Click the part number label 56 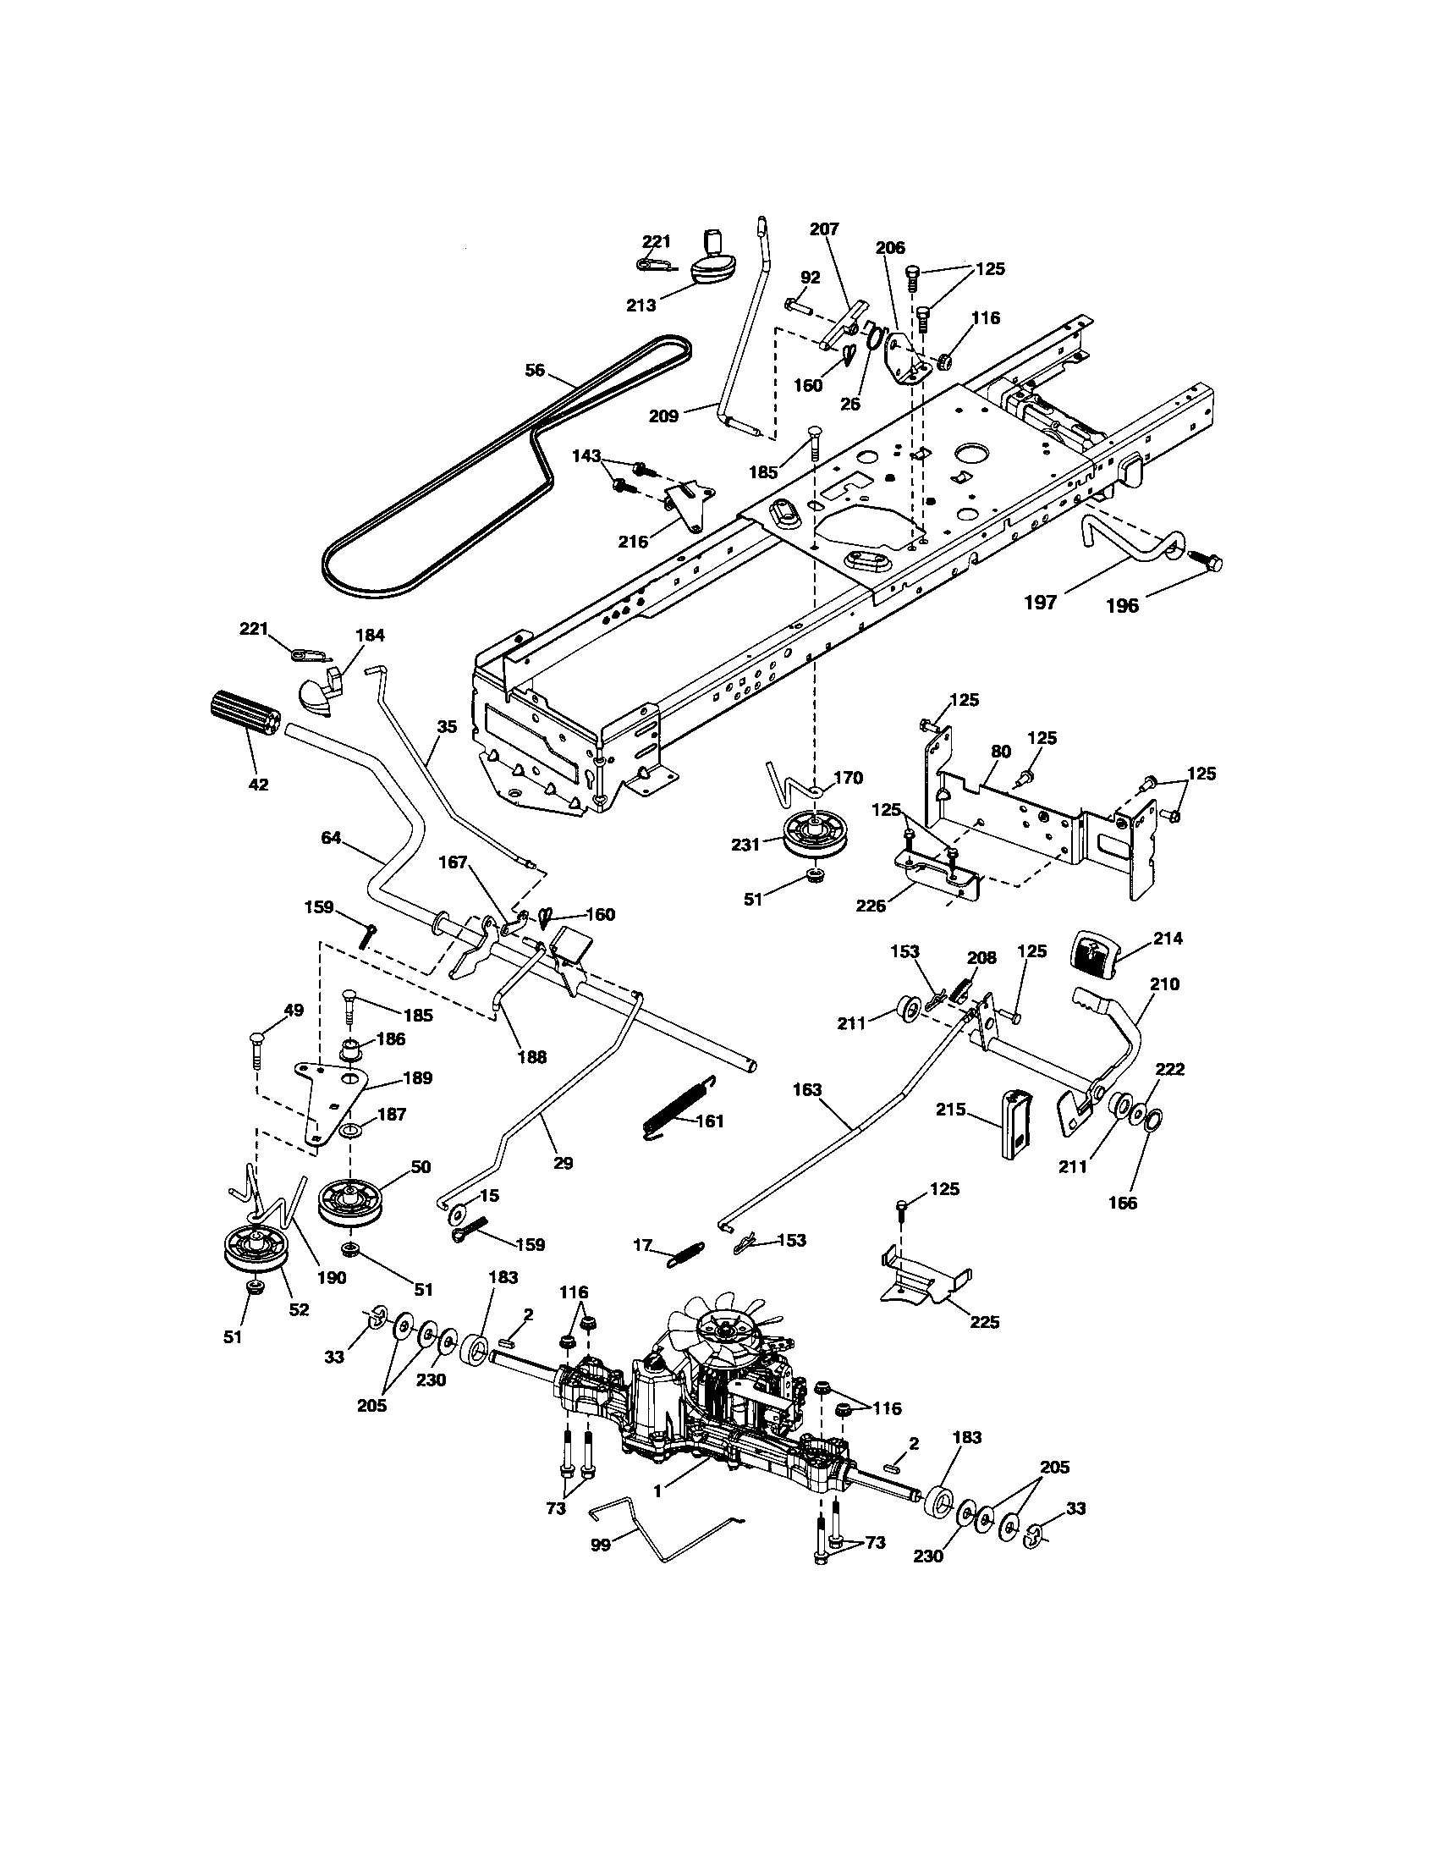pos(534,370)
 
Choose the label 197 pos(1040,603)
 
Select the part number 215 pos(951,1110)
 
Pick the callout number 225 pos(984,1322)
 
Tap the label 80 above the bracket pos(1000,751)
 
